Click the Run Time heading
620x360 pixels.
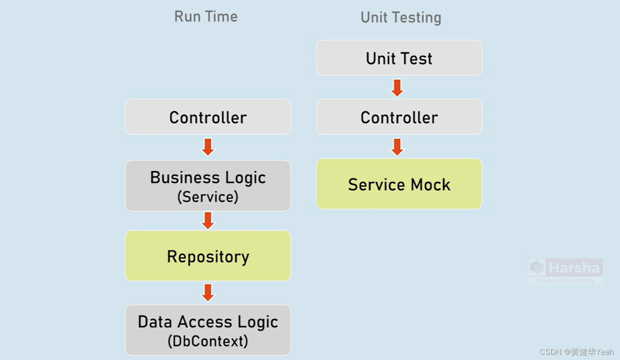(x=206, y=17)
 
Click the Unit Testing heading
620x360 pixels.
(x=400, y=18)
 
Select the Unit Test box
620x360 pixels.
(x=399, y=58)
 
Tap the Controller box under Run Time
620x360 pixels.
(x=208, y=117)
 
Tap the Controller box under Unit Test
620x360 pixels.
(x=399, y=117)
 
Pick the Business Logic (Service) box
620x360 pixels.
(x=208, y=186)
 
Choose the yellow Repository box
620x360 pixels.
(x=208, y=256)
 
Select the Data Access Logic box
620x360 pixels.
(x=208, y=330)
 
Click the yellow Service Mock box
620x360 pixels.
(x=399, y=184)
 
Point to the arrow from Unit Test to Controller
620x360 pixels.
(x=397, y=88)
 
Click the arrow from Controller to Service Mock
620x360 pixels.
(x=397, y=147)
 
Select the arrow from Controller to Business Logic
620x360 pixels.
(x=208, y=147)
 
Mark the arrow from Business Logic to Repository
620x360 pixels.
(x=208, y=221)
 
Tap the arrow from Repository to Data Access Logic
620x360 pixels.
(x=208, y=293)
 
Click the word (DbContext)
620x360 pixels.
(x=208, y=341)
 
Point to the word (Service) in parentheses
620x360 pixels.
(x=208, y=197)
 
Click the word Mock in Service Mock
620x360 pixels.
(x=431, y=185)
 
